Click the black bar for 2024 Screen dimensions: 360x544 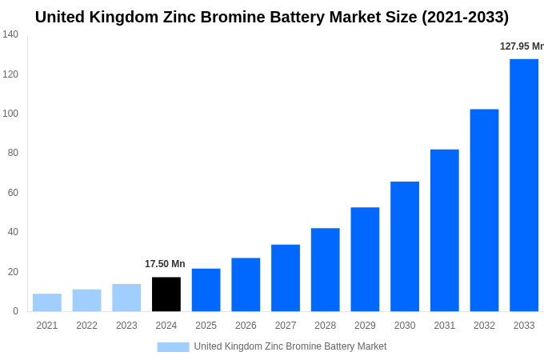(x=166, y=294)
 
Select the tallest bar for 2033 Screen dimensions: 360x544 (x=524, y=185)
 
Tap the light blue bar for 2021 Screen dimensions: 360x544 (x=47, y=302)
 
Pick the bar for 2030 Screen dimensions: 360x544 (x=405, y=246)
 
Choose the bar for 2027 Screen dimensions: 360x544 (x=286, y=278)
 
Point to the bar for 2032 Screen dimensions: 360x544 (x=484, y=210)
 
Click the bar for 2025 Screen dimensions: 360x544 (x=206, y=290)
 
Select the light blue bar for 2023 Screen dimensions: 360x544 (x=126, y=298)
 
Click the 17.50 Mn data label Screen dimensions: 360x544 (x=165, y=264)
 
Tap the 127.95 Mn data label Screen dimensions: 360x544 (x=522, y=46)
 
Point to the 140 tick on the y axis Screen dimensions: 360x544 (x=10, y=34)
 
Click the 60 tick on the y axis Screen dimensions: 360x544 (x=13, y=193)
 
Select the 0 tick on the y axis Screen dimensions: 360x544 (x=15, y=311)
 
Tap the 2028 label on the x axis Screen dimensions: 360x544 (x=326, y=326)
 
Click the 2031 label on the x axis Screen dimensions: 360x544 (x=445, y=326)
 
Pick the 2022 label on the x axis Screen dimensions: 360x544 (x=86, y=326)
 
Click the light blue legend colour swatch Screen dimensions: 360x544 (x=173, y=347)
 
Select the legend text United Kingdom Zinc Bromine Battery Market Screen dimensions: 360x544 (x=290, y=346)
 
